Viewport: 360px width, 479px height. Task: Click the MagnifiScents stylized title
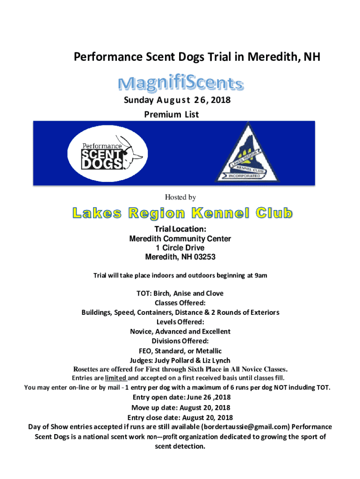180,84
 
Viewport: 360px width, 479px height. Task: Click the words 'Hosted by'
180,198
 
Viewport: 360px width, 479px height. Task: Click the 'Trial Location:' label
180,229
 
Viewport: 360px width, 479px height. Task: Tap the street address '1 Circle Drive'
180,248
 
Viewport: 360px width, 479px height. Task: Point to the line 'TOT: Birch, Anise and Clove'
180,293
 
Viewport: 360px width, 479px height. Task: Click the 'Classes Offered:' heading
180,303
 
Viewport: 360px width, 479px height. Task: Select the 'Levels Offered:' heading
180,322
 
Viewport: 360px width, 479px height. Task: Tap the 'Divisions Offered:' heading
180,341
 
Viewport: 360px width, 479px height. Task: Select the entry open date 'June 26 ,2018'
205,397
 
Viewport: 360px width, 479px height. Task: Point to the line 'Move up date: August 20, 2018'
180,407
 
